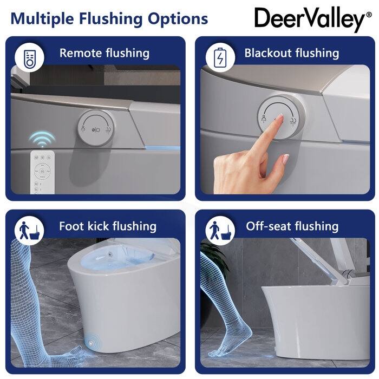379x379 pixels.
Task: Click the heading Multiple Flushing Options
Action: pos(109,19)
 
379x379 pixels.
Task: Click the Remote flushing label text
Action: pos(104,53)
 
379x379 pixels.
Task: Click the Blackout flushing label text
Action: pos(291,53)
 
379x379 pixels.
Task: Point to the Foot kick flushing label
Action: pos(108,226)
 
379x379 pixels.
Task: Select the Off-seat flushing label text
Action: pos(292,226)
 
